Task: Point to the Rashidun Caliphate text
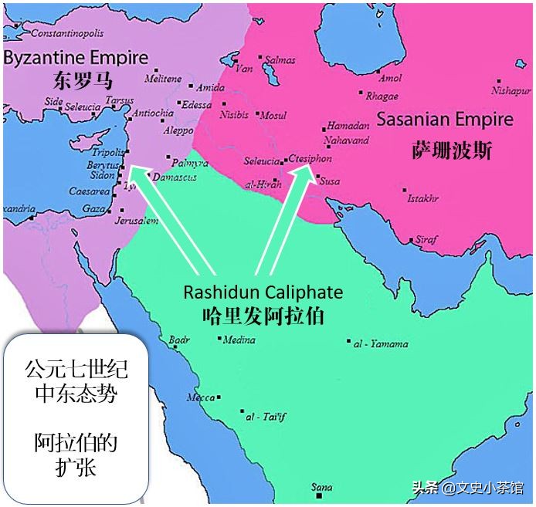[263, 293]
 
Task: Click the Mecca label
[200, 397]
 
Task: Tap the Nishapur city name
[513, 90]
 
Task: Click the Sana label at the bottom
[321, 487]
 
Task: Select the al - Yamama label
[382, 343]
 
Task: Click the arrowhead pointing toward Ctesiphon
[300, 177]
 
